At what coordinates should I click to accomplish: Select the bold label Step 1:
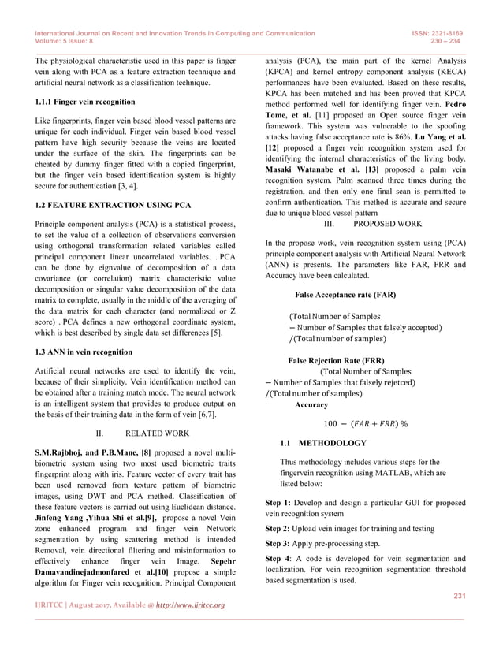pos(278,502)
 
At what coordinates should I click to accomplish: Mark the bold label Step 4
pos(278,560)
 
